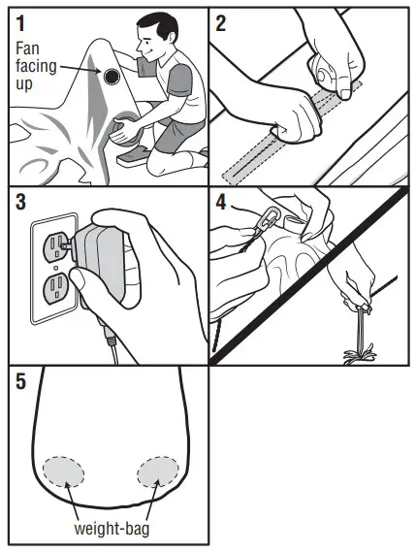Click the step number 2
click(222, 23)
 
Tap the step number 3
click(22, 205)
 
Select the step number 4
click(222, 205)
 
